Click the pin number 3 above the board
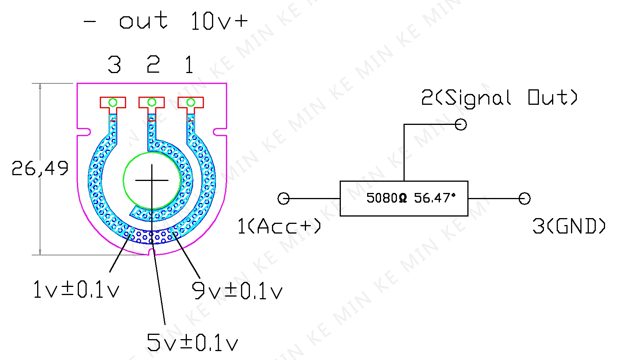[x=115, y=65]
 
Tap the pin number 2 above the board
[x=153, y=65]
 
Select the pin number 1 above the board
[x=189, y=65]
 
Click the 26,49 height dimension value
[x=40, y=168]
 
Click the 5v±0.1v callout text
[x=192, y=342]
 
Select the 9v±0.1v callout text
[x=237, y=291]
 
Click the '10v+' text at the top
[x=219, y=21]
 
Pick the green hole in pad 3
[x=113, y=102]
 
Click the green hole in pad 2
[x=152, y=102]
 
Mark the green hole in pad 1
[x=191, y=102]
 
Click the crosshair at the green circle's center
[x=152, y=180]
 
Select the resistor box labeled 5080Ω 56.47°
[x=404, y=198]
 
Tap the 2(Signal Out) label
[x=499, y=97]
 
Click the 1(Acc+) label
[x=279, y=226]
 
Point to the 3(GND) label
[x=569, y=226]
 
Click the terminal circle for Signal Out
[x=460, y=125]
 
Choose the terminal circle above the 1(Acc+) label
[x=284, y=198]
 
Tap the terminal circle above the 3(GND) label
[x=525, y=198]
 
